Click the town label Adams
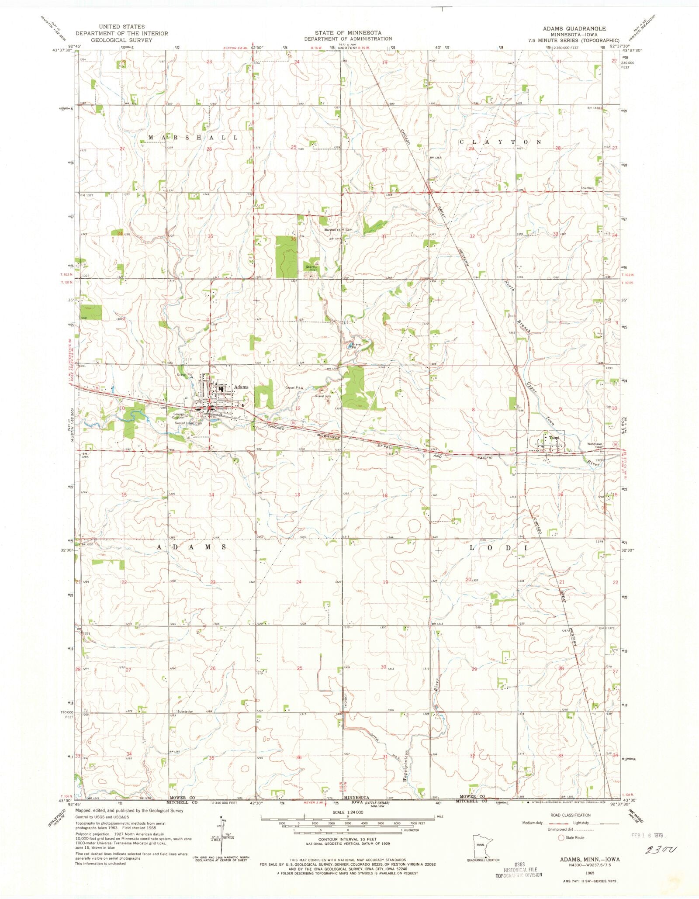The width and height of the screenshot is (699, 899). (241, 387)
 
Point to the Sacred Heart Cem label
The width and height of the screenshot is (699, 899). (188, 423)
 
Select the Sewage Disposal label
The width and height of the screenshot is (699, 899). (179, 415)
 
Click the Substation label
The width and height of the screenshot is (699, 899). (185, 712)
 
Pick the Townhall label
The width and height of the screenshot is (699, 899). (587, 188)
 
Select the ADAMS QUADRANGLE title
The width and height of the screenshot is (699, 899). (574, 28)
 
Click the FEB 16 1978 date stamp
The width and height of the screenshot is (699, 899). (647, 835)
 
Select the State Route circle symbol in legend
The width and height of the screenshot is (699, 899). (561, 838)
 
